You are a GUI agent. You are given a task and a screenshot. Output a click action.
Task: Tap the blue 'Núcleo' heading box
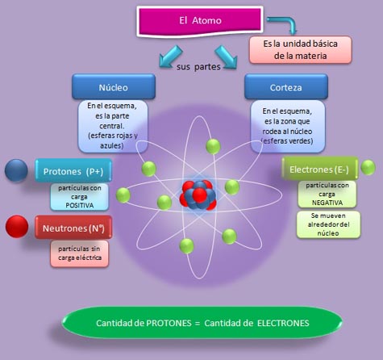pyautogui.click(x=112, y=85)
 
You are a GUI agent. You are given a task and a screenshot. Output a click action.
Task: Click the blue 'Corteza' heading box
pyautogui.click(x=285, y=85)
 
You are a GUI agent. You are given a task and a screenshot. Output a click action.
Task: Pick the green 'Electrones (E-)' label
pyautogui.click(x=318, y=170)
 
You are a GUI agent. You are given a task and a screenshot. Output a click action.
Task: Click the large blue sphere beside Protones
pyautogui.click(x=16, y=170)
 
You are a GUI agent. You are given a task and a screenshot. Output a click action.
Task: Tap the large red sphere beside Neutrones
pyautogui.click(x=16, y=226)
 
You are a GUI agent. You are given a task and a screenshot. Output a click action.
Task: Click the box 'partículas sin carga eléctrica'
pyautogui.click(x=80, y=254)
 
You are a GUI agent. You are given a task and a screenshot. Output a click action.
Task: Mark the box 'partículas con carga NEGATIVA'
pyautogui.click(x=322, y=195)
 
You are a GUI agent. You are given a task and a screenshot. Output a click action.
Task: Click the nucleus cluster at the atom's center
pyautogui.click(x=198, y=194)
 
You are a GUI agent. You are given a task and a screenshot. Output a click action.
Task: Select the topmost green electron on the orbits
pyautogui.click(x=213, y=146)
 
